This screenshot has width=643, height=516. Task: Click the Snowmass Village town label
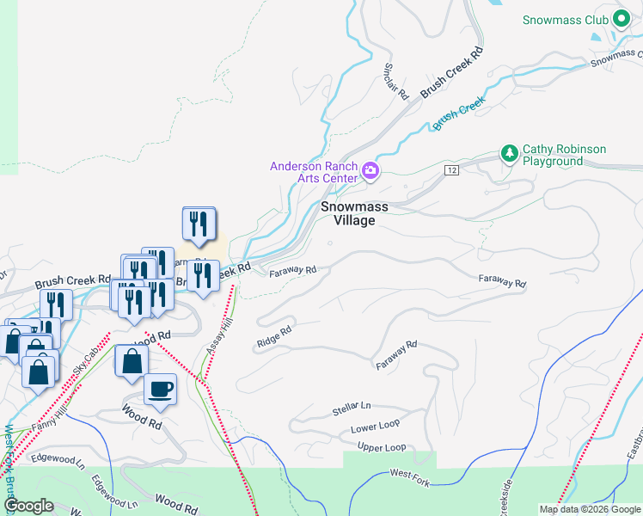(x=354, y=213)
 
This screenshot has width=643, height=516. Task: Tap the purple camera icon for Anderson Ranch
(x=370, y=170)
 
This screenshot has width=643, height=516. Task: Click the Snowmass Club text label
(x=566, y=20)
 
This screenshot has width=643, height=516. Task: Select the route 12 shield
(x=450, y=171)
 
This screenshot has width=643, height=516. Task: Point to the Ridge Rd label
(x=274, y=337)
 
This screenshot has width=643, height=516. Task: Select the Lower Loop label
(x=376, y=427)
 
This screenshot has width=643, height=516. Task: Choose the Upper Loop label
(x=382, y=448)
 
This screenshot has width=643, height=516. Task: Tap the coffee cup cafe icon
(x=161, y=390)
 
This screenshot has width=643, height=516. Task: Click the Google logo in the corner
(x=28, y=505)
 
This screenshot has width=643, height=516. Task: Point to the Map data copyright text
(x=590, y=509)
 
